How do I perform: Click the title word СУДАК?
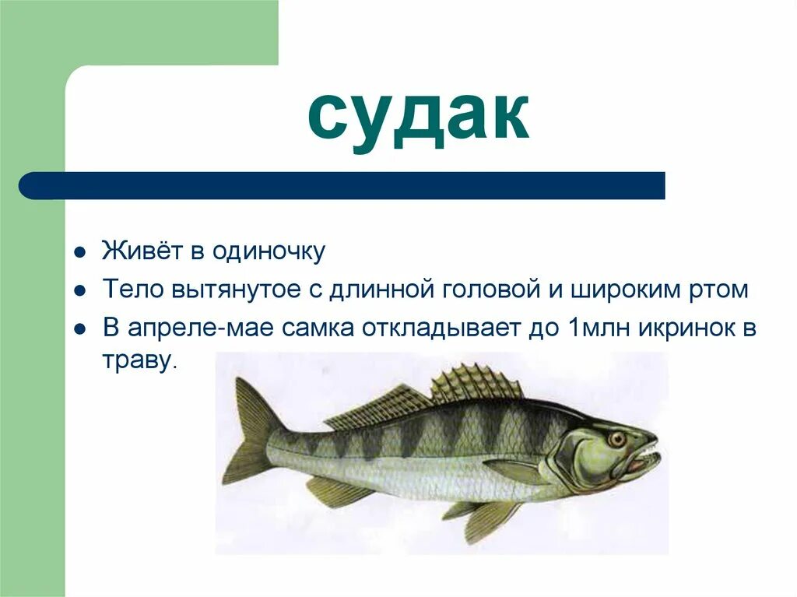(418, 118)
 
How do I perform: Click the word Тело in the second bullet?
(129, 290)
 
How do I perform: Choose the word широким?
(616, 290)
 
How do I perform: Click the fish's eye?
(618, 439)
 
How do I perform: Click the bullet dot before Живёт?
(79, 253)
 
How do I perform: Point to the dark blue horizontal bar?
(342, 185)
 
